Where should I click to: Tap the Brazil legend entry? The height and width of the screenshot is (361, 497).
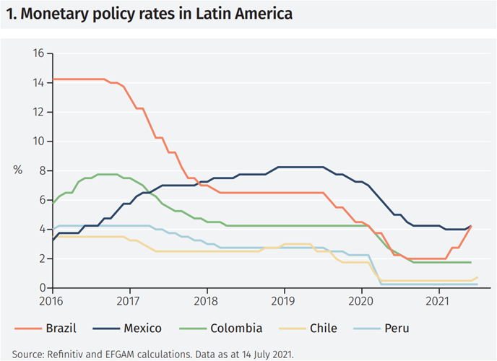(61, 329)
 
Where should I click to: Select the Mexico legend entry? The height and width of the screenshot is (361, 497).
(142, 329)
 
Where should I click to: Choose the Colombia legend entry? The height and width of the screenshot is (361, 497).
(237, 329)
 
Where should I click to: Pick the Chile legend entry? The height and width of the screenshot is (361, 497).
(324, 329)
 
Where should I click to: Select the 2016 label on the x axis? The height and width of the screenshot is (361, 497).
(52, 300)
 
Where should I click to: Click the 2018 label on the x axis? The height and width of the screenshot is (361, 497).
(207, 300)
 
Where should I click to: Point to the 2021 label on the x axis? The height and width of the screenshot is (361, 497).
(439, 300)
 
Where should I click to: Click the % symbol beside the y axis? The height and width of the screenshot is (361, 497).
(18, 170)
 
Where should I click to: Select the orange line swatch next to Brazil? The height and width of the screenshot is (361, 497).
(27, 329)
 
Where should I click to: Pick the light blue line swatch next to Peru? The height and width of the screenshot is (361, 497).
(368, 329)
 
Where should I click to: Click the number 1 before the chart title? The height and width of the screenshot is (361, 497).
(8, 14)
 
